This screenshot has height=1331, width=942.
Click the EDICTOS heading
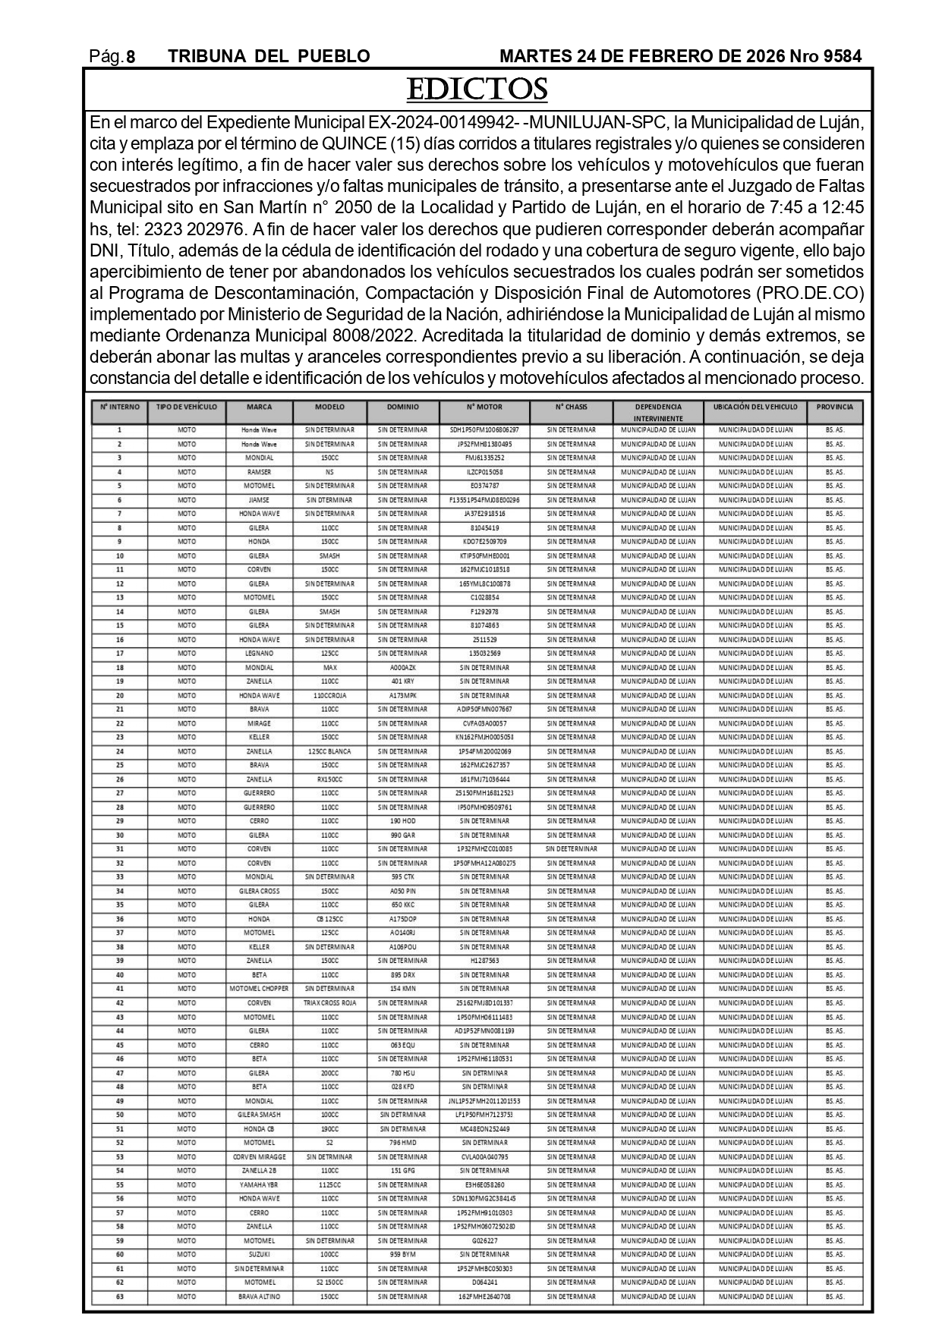coord(477,90)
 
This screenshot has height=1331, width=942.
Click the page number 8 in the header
coord(131,57)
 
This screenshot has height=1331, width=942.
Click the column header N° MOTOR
coord(484,407)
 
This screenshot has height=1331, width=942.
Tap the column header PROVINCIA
coord(834,407)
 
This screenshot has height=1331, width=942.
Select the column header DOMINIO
coord(402,407)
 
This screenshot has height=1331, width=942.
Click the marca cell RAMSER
coord(259,472)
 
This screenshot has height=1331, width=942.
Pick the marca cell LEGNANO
coord(259,653)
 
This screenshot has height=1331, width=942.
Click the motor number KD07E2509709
coord(484,542)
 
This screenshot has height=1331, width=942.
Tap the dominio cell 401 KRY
coord(402,681)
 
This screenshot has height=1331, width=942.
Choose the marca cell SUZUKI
coord(259,1254)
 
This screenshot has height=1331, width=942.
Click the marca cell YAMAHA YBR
coord(259,1185)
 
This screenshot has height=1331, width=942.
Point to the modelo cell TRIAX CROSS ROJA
coord(329,1003)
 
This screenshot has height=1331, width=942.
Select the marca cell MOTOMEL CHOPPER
coord(259,989)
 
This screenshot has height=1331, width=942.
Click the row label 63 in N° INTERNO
coord(119,1297)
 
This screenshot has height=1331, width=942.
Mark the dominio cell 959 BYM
coord(402,1254)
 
